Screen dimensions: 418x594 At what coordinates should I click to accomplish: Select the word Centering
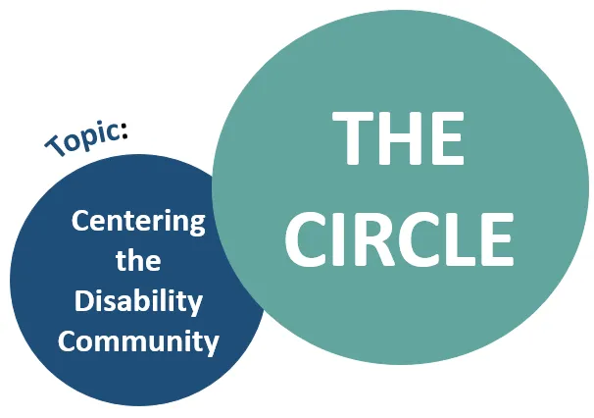[138, 222]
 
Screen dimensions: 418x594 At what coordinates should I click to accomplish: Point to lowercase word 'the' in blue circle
[138, 261]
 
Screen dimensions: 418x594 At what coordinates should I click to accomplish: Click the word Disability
[138, 301]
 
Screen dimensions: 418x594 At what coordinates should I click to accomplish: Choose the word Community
[138, 341]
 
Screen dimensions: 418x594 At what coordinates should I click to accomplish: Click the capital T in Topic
[54, 148]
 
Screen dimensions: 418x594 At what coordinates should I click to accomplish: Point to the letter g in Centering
[196, 226]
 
